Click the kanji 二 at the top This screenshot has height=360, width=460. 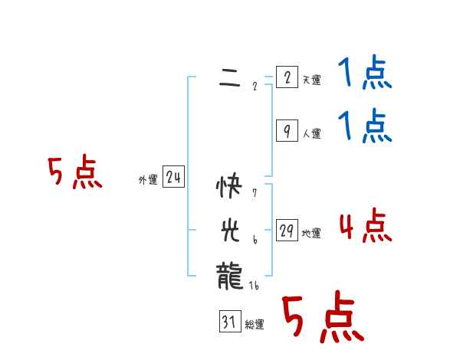[x=229, y=78]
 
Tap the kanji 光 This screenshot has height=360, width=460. [x=229, y=229]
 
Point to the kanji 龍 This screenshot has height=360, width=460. [x=229, y=273]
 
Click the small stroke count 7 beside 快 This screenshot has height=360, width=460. [x=254, y=193]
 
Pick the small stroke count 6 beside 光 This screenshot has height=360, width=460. [x=254, y=240]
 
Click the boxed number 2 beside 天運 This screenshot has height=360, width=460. [x=287, y=78]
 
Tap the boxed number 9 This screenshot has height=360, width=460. [x=287, y=132]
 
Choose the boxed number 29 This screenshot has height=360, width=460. [x=287, y=231]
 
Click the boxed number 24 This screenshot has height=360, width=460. [x=173, y=178]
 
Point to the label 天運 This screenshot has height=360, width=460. [x=311, y=80]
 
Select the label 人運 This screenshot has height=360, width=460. [x=311, y=134]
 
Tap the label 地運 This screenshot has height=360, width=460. [x=311, y=234]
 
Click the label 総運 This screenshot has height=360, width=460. [x=255, y=325]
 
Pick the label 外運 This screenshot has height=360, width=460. [x=148, y=180]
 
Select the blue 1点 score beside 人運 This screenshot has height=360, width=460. [x=366, y=126]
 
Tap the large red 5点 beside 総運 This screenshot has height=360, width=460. [x=322, y=318]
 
